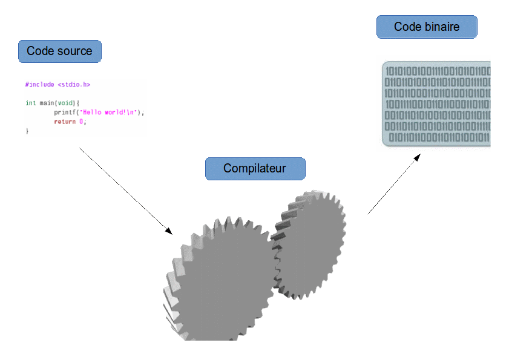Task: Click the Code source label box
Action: click(x=59, y=51)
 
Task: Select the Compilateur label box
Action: click(x=255, y=169)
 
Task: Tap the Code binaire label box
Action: click(x=427, y=27)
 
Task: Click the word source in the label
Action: click(x=76, y=51)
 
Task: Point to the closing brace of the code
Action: click(x=27, y=131)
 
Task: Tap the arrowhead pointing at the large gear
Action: click(x=168, y=231)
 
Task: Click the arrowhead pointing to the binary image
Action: click(x=416, y=157)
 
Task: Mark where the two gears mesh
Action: click(x=275, y=260)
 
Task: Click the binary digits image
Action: click(x=433, y=103)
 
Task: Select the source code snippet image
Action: click(x=85, y=108)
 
